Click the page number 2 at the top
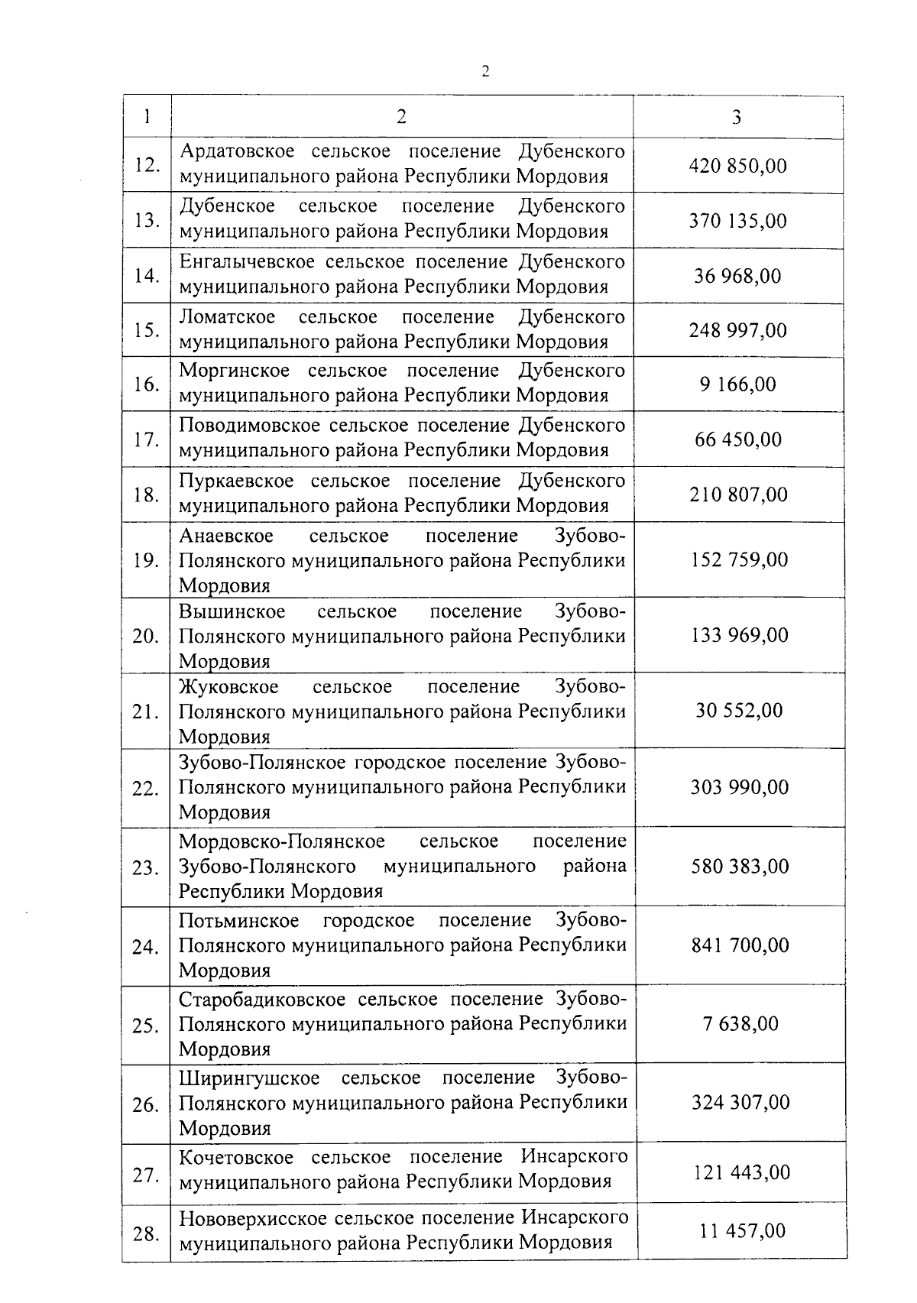[485, 72]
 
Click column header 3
[736, 117]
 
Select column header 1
[146, 116]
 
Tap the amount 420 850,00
[737, 166]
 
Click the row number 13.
[146, 221]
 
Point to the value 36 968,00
[737, 276]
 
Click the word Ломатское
[227, 316]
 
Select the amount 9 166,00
[737, 384]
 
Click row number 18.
[146, 495]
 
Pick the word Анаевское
[226, 536]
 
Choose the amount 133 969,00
[739, 635]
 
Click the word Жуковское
[228, 686]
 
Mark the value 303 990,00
[739, 787]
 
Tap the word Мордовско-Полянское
[282, 841]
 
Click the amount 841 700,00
[740, 945]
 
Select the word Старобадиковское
[263, 999]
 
